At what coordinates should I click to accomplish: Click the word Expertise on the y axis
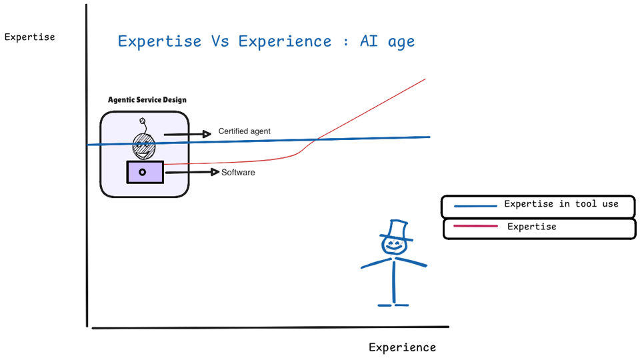coord(29,37)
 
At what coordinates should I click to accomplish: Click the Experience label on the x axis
coord(402,347)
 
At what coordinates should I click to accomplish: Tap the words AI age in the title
coord(387,41)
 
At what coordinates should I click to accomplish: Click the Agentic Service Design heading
coord(147,100)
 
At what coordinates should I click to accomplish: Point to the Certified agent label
coord(244,131)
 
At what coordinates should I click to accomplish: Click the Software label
coord(238,173)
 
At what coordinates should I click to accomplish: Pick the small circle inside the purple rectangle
coord(142,172)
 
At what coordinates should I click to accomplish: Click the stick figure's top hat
coord(397,230)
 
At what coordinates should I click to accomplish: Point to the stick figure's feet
coord(393,305)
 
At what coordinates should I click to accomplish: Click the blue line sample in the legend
coord(475,206)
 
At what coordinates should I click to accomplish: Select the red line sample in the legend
coord(475,227)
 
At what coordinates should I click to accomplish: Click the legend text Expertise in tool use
coord(561,204)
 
